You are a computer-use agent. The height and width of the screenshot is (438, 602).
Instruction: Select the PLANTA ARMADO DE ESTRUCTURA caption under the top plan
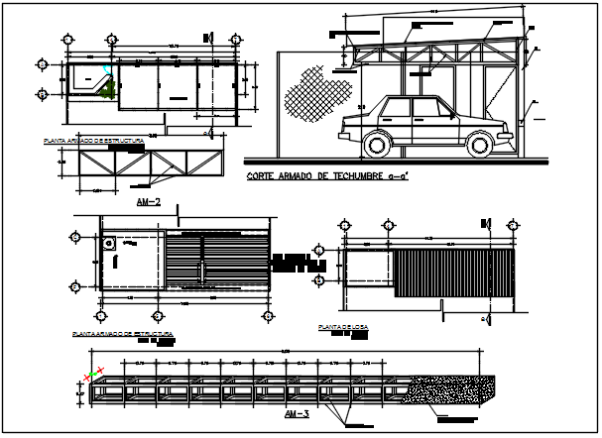tap(94, 142)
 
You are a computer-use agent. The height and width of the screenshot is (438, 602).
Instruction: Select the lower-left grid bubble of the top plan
tap(42, 94)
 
